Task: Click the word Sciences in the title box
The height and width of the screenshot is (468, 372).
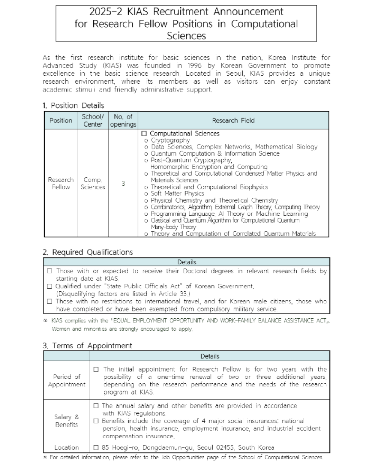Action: tap(186, 36)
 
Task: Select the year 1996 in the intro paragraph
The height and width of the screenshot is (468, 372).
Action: tap(194, 65)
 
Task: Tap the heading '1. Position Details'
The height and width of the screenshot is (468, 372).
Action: tap(73, 105)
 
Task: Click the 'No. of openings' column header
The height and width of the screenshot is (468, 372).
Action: tap(123, 120)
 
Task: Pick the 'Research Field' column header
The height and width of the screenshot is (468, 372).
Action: tap(233, 120)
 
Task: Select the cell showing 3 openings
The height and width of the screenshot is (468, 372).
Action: tap(123, 183)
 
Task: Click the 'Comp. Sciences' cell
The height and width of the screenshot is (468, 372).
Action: tap(93, 183)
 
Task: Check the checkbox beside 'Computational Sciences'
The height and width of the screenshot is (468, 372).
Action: tap(144, 134)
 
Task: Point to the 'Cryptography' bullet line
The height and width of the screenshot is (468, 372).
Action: tap(170, 140)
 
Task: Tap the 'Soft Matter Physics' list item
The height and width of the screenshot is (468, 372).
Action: tap(177, 193)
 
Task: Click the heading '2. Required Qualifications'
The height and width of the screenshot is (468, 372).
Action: tap(88, 252)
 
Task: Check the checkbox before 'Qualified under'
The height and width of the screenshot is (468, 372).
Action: tap(50, 286)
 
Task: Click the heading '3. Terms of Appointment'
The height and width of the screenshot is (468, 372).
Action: tap(87, 346)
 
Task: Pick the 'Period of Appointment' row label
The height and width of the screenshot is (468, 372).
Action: tap(67, 380)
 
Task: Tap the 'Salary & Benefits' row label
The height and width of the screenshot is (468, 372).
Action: tap(67, 421)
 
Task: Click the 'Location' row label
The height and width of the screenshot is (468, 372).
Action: tap(67, 447)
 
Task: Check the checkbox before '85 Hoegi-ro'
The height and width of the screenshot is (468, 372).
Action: tap(96, 447)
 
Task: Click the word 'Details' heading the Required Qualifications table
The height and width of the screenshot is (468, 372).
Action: tap(187, 262)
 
